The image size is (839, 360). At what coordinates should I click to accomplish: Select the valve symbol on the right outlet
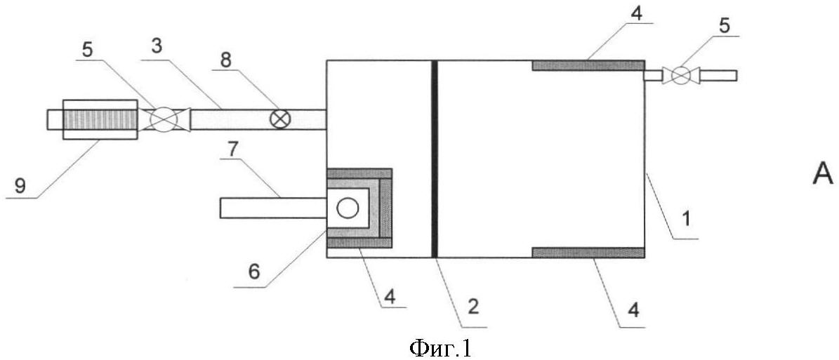[680, 75]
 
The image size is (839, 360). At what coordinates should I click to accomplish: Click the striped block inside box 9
[100, 119]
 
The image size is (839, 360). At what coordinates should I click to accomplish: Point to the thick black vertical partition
[435, 159]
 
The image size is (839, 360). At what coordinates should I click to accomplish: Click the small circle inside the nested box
[348, 208]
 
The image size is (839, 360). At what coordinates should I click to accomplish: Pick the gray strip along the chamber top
[588, 65]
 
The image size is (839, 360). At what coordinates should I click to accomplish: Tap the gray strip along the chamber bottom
[588, 253]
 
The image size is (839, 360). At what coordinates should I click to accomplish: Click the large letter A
[822, 174]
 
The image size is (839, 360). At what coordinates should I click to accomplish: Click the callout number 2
[474, 307]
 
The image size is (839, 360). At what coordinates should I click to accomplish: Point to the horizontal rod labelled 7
[273, 208]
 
